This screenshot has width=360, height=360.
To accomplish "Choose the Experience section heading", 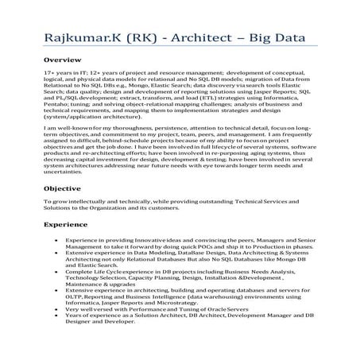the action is point(68,226).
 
